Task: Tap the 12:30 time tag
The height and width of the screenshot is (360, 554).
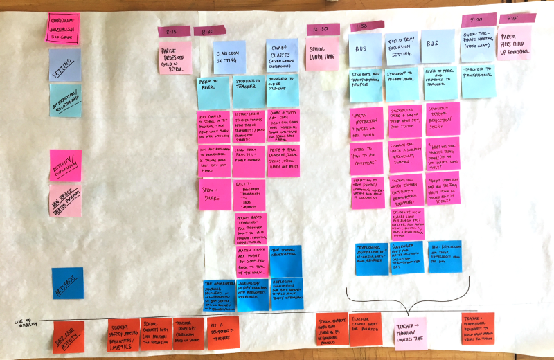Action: [x=323, y=29]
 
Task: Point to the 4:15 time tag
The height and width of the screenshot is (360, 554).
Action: [x=513, y=19]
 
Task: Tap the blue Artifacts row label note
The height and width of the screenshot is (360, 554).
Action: [x=67, y=283]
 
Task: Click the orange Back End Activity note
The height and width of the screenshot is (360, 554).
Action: [x=68, y=337]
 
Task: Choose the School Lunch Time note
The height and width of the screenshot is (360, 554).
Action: [x=323, y=54]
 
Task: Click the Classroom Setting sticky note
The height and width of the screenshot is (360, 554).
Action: [x=229, y=57]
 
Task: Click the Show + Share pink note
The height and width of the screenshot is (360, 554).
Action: [x=213, y=193]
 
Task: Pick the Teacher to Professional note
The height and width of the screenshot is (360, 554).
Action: [x=479, y=80]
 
